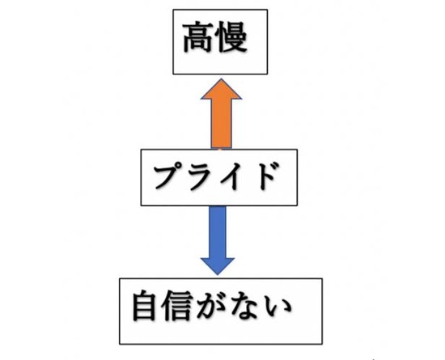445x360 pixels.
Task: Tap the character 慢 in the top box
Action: pyautogui.click(x=231, y=37)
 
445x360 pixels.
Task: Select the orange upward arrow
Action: pyautogui.click(x=222, y=114)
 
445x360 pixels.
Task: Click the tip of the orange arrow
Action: pyautogui.click(x=222, y=79)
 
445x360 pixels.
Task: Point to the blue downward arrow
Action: pyautogui.click(x=218, y=240)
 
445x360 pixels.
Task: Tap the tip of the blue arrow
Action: pyautogui.click(x=218, y=275)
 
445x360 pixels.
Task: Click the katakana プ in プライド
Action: pyautogui.click(x=168, y=176)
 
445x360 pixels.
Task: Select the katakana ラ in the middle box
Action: pyautogui.click(x=200, y=176)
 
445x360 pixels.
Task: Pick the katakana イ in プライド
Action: pyautogui.click(x=229, y=176)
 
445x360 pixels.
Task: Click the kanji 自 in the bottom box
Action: pyautogui.click(x=145, y=306)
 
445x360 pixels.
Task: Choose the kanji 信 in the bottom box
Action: pyautogui.click(x=176, y=306)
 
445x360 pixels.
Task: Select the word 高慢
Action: pyautogui.click(x=215, y=37)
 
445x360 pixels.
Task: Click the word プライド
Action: pyautogui.click(x=215, y=176)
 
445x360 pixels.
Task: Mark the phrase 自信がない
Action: pyautogui.click(x=212, y=306)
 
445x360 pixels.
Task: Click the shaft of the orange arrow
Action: pyautogui.click(x=222, y=124)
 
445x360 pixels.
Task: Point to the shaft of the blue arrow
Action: pyautogui.click(x=218, y=232)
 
